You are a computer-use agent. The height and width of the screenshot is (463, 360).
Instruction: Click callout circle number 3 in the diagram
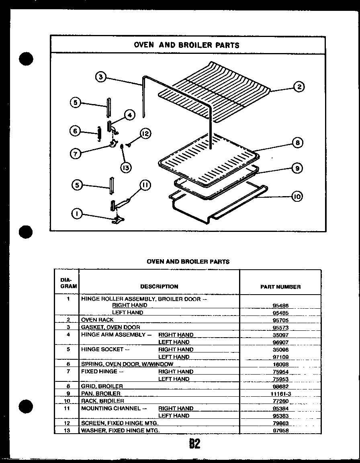coord(101,77)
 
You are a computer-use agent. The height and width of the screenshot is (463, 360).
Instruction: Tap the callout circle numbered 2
coord(299,87)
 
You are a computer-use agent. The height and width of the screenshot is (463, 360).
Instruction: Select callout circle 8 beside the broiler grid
coord(298,143)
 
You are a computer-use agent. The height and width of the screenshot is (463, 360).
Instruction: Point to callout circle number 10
coord(297,197)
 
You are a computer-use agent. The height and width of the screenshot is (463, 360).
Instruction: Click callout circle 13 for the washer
coord(126,168)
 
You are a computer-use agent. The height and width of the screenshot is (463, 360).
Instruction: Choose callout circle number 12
coord(145,134)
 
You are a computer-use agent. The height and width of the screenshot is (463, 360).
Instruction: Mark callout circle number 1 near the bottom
coord(76,214)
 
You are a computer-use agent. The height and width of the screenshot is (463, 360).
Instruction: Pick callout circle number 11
coord(145,185)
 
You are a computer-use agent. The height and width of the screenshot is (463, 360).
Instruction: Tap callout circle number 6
coord(75,131)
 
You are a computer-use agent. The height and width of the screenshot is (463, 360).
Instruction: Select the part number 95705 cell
coord(280,320)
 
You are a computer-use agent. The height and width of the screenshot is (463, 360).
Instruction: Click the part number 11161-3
coord(280,394)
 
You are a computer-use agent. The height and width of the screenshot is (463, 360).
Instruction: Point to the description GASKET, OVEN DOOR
coord(110,327)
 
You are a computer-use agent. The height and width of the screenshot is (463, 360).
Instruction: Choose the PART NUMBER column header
coord(280,287)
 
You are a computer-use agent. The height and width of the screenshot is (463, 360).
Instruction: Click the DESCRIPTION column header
coord(159,287)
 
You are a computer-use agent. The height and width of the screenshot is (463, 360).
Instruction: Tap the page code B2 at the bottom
coord(194,444)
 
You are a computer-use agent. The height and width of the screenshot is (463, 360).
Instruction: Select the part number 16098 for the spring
coord(280,365)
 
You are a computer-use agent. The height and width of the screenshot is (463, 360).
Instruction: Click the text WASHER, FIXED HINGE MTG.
coord(121,430)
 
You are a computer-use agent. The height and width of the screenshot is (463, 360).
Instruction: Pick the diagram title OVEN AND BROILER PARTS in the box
coord(186,45)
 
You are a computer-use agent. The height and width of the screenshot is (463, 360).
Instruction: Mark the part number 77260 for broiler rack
coord(280,401)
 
